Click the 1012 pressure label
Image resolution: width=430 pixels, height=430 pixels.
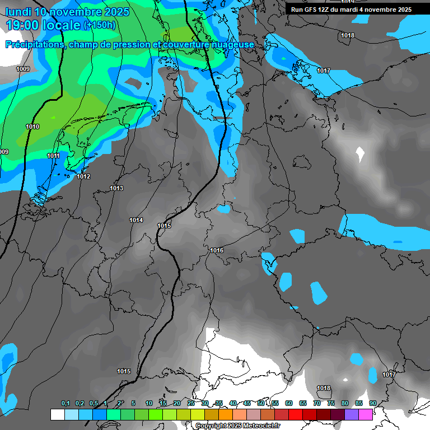[83, 176]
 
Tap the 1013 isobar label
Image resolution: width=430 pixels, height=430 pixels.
[116, 188]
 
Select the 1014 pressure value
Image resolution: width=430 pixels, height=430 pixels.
[136, 220]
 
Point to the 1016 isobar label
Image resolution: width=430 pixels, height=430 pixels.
[217, 250]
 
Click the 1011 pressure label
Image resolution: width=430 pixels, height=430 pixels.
[53, 156]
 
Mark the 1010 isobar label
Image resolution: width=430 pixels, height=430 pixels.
[32, 127]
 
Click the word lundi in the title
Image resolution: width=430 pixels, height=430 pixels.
[18, 11]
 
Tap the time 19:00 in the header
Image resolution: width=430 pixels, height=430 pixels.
[27, 25]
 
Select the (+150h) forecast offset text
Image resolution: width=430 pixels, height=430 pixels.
[99, 25]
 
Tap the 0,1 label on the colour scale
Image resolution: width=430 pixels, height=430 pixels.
[66, 403]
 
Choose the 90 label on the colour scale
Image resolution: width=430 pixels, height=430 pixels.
[373, 403]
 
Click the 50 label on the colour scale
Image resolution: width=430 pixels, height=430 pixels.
[261, 403]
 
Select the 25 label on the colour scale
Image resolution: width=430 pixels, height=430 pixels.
[191, 403]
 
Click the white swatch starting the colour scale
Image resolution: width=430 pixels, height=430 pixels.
[57, 414]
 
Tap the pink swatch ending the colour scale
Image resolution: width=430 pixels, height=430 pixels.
[366, 414]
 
